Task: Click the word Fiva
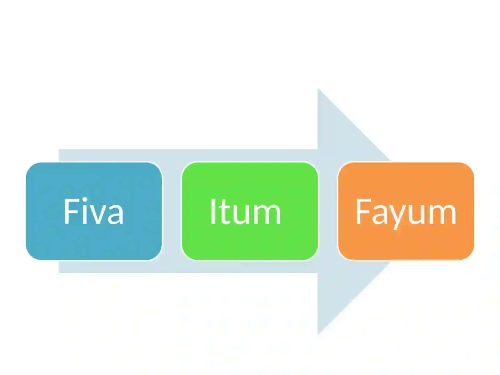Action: coord(93,211)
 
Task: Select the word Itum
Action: coord(245,211)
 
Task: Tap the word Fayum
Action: coord(406,213)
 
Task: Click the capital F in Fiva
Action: coord(71,211)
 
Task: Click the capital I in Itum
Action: coord(213,211)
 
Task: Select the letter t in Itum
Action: coord(223,213)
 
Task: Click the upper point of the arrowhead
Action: coord(318,89)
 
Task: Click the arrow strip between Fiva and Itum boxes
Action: coord(172,211)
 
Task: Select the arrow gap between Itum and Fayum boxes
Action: coord(328,211)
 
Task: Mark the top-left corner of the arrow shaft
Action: coord(59,150)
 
